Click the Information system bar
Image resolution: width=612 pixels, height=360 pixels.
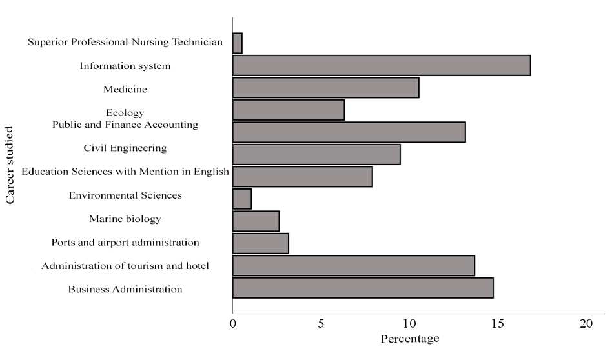pos(382,66)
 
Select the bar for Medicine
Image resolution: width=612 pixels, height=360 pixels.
pos(325,88)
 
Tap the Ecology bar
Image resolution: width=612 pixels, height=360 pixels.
pos(289,110)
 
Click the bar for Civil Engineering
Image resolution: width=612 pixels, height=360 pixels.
pos(316,155)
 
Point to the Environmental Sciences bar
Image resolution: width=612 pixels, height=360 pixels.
pos(242,199)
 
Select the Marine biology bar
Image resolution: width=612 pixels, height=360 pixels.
pos(256,221)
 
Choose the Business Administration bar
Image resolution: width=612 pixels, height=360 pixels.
pos(363,288)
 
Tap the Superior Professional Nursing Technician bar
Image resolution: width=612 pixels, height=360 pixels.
pos(238,44)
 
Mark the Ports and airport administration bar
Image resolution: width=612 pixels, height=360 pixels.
pos(261,244)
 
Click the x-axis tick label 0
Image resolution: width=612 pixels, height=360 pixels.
pos(233,324)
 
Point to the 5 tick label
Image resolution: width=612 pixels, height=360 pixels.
pos(321,324)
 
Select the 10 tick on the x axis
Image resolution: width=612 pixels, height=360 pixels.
pos(409,324)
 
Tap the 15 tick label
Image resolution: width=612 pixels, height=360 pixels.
pos(498,324)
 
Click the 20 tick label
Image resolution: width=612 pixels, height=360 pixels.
pos(586,324)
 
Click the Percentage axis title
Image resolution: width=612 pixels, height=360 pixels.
pos(410,339)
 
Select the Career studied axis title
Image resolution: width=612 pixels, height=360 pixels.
pos(10,166)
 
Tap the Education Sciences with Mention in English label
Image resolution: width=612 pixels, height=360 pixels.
pos(125,172)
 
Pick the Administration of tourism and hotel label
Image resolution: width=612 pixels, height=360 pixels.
pos(125,266)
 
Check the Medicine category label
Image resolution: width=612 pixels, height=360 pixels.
pos(125,89)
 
